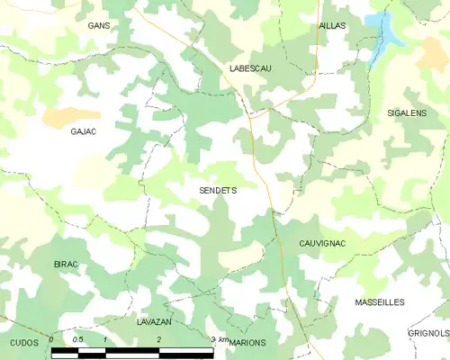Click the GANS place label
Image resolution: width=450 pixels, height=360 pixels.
(99, 26)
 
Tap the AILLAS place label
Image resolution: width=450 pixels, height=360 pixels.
(332, 26)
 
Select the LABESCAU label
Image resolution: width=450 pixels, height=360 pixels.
(250, 68)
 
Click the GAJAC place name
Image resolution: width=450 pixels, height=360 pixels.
(83, 131)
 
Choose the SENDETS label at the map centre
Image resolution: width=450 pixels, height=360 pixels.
(217, 191)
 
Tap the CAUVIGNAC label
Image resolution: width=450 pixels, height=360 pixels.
(322, 244)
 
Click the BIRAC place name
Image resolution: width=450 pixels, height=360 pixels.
(66, 264)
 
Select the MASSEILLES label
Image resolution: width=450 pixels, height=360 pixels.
(380, 302)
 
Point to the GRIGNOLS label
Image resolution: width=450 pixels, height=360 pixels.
(428, 333)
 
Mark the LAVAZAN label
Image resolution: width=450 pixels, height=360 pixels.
(155, 321)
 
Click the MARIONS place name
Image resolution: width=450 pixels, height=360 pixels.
(247, 343)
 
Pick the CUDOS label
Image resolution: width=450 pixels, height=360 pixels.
(24, 343)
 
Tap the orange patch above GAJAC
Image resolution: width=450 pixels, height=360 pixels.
(69, 115)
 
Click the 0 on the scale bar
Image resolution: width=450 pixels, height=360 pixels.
(52, 339)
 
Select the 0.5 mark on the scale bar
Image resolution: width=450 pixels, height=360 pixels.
(78, 339)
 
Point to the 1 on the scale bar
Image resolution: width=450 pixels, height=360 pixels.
(106, 339)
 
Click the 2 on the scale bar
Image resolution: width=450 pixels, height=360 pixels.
(159, 339)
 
